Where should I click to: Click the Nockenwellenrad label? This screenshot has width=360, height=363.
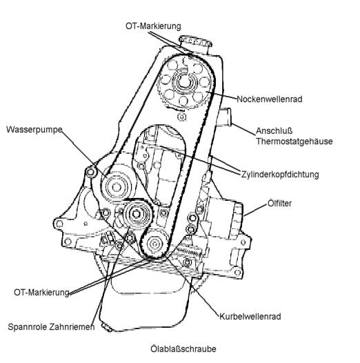(x=270, y=99)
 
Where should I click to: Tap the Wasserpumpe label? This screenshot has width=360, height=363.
(x=34, y=130)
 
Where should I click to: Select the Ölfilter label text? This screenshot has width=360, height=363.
(x=279, y=204)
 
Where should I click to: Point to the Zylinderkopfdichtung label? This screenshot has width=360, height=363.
(x=280, y=175)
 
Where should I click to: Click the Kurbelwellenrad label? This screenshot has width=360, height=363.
(x=250, y=317)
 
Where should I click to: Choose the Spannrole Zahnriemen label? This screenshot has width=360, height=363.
(x=51, y=327)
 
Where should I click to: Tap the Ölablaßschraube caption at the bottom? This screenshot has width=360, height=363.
(x=183, y=349)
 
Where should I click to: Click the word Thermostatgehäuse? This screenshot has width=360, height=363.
(x=294, y=141)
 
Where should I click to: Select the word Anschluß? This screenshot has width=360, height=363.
(x=274, y=131)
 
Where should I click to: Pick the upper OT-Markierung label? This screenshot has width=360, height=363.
(x=153, y=26)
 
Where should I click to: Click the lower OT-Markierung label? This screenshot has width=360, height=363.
(x=41, y=292)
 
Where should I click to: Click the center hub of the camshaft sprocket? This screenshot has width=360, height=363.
(x=184, y=82)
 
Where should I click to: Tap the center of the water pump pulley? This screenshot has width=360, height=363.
(x=117, y=187)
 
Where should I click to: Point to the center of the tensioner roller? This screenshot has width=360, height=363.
(x=137, y=214)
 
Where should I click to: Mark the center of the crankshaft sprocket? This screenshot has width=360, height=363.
(x=154, y=244)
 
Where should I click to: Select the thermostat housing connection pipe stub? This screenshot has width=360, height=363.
(x=224, y=117)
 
